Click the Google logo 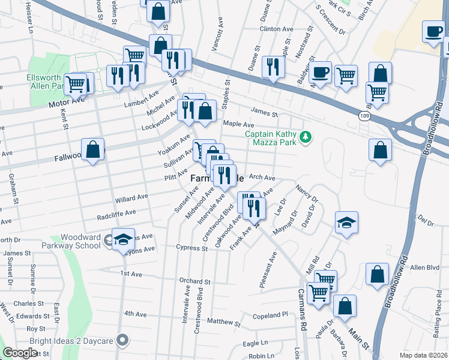click(x=20, y=353)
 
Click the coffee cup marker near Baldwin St click(x=321, y=73)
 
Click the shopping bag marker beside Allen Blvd click(x=376, y=274)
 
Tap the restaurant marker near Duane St click(x=274, y=68)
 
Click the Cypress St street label click(x=191, y=248)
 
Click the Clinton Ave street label click(x=276, y=29)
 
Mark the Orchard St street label click(x=194, y=281)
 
